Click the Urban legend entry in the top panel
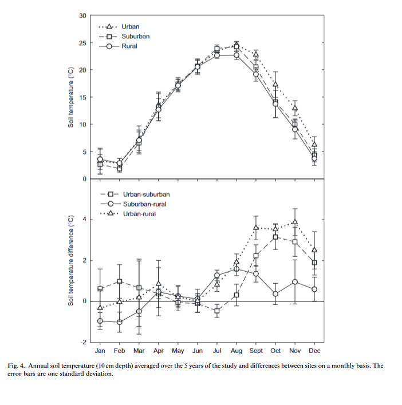pos(130,26)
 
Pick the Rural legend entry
pos(129,46)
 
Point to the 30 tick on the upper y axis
pos(82,15)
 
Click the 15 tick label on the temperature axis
pos(82,97)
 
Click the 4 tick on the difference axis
pos(84,220)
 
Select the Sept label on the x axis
pos(256,351)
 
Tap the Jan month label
pos(100,351)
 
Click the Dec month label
pos(314,351)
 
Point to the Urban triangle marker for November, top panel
pos(295,108)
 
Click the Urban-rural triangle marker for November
pos(295,222)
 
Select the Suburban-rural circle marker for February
pos(120,322)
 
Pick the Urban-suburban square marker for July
pos(217,311)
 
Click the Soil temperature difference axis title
pos(71,260)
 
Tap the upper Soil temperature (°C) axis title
pos(71,98)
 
